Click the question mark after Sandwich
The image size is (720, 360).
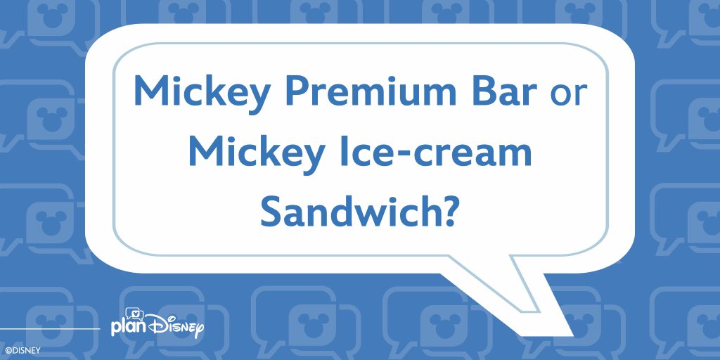[x=451, y=212]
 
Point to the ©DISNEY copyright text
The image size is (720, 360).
[x=23, y=349]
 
